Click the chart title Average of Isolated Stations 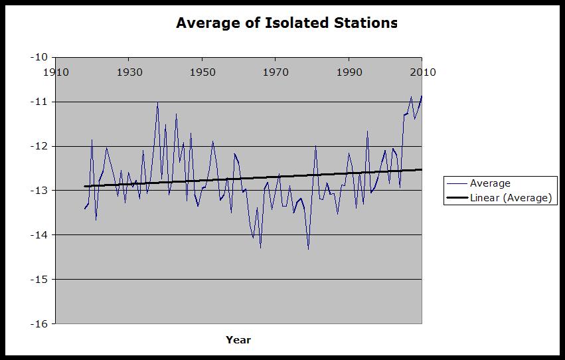click(x=286, y=23)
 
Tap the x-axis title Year click(x=238, y=340)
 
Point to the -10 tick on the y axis click(x=40, y=57)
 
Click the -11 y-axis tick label click(x=40, y=102)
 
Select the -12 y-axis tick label click(x=40, y=146)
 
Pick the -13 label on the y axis click(x=40, y=191)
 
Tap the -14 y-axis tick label click(x=40, y=235)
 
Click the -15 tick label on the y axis click(x=40, y=280)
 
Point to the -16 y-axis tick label click(x=40, y=324)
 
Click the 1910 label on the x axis click(x=56, y=72)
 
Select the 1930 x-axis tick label click(x=129, y=72)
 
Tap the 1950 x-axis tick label click(x=202, y=72)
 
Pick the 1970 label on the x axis click(x=276, y=72)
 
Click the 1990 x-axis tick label click(x=349, y=72)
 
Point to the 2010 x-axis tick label click(x=422, y=72)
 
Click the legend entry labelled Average click(x=490, y=183)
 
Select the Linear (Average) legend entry click(x=510, y=197)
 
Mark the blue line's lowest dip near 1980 click(x=308, y=249)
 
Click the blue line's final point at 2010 click(x=422, y=96)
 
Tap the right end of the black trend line click(x=422, y=169)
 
